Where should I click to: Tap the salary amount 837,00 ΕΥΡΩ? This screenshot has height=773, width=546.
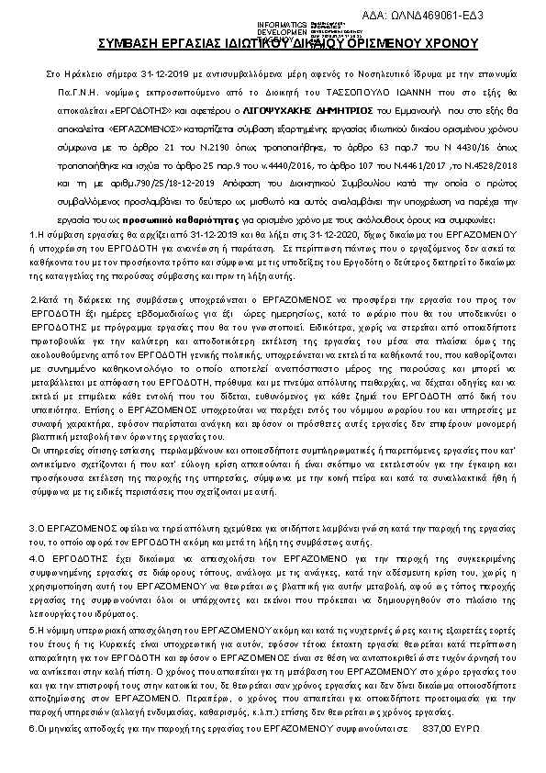[452, 752]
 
